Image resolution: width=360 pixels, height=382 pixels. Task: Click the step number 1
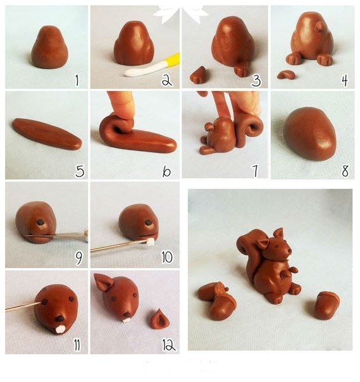[77, 80]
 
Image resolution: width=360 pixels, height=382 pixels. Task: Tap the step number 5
[80, 171]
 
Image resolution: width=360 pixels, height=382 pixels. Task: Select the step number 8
[345, 171]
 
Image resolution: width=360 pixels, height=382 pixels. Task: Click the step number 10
[167, 257]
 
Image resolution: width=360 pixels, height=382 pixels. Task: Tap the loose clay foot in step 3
[199, 75]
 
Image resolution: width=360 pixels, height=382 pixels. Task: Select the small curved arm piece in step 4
[286, 75]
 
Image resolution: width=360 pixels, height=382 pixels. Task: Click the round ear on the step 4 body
[320, 27]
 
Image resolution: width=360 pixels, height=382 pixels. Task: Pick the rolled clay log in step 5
[47, 133]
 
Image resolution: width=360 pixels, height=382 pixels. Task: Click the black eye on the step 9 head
[40, 222]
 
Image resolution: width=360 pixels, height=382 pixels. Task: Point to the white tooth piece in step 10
[151, 242]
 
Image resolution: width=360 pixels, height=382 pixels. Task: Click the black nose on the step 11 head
[59, 318]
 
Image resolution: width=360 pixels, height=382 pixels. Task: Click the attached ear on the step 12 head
[103, 282]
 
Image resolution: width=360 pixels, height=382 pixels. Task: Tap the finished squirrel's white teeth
[289, 257]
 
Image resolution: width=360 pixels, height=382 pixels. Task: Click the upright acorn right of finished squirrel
[326, 305]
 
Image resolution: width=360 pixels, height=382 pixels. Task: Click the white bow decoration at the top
[180, 14]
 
